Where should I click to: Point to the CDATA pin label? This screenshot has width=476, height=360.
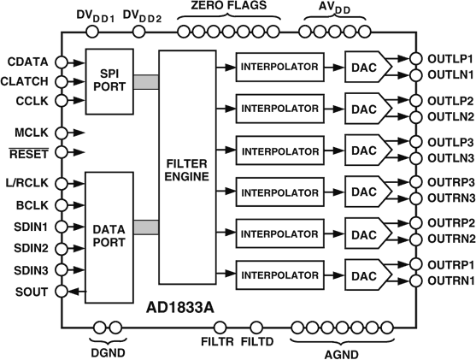coord(26,62)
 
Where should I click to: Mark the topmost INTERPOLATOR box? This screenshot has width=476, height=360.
coord(280,68)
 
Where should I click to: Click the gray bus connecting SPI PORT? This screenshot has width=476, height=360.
coord(146,81)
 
